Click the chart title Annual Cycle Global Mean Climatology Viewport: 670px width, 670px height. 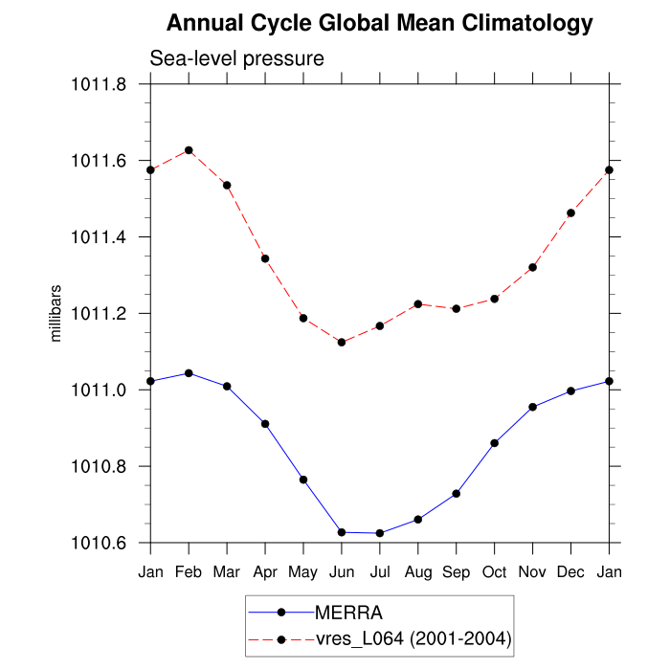[x=379, y=23]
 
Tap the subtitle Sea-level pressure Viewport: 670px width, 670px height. [x=237, y=58]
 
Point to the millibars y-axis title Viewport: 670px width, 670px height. [x=56, y=313]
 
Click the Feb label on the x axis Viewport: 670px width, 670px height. [x=189, y=571]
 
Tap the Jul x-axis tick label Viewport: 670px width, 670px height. [x=380, y=571]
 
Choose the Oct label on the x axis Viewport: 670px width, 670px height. [x=495, y=571]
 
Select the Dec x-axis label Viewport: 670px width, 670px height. [x=571, y=571]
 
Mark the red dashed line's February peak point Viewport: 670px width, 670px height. [x=189, y=150]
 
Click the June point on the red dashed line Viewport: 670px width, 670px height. [x=342, y=342]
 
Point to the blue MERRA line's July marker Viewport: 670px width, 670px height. [x=380, y=533]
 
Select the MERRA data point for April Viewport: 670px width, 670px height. [x=265, y=423]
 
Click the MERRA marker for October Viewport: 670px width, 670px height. [x=495, y=443]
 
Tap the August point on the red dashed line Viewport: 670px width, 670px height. [x=418, y=304]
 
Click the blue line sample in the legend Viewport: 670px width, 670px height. [x=280, y=612]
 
